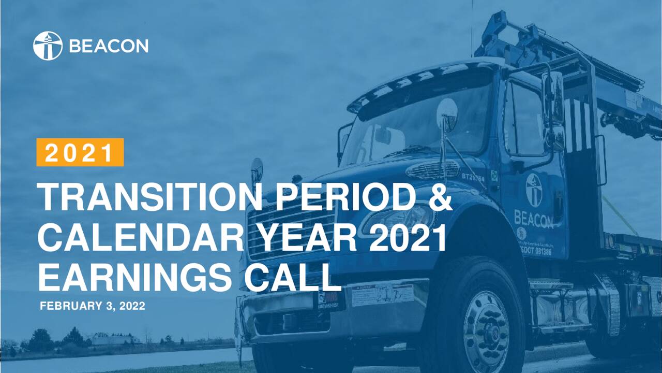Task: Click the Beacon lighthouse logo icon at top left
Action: pyautogui.click(x=48, y=46)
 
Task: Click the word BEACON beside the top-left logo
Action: pyautogui.click(x=109, y=46)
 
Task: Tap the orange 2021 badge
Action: pyautogui.click(x=80, y=152)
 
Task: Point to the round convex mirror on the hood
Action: pyautogui.click(x=446, y=114)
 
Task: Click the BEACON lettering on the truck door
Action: pyautogui.click(x=533, y=218)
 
